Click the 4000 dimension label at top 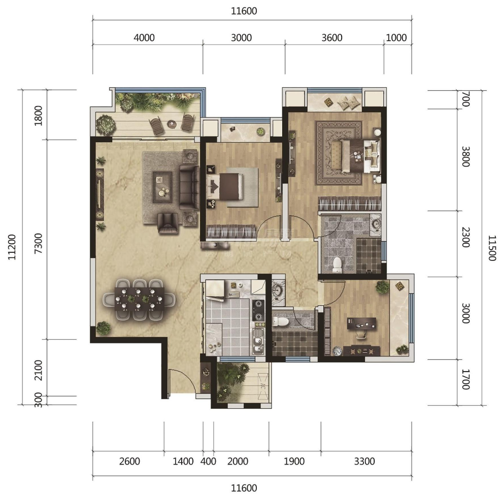tap(144, 38)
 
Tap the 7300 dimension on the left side tap(38, 243)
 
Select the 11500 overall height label tap(492, 248)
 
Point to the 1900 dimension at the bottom tap(294, 461)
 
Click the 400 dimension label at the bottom tap(208, 461)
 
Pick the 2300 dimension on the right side tap(466, 237)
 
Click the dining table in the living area tap(140, 299)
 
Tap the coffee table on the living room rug tap(162, 187)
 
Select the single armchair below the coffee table tap(168, 223)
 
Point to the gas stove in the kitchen tap(258, 310)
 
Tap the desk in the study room tap(361, 323)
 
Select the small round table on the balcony tap(172, 124)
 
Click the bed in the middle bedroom tap(225, 186)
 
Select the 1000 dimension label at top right tap(396, 38)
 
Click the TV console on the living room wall tap(100, 194)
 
